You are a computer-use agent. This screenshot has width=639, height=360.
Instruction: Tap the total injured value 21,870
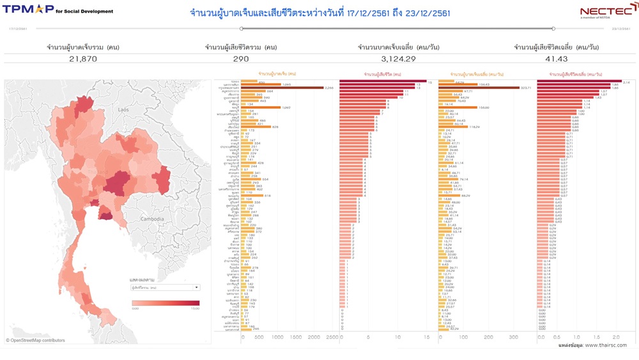click(x=83, y=59)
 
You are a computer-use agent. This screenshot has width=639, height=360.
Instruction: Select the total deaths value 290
click(x=241, y=59)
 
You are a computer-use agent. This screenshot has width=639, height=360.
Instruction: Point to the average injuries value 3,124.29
click(x=398, y=59)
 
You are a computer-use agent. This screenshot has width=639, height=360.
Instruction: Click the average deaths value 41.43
click(x=556, y=59)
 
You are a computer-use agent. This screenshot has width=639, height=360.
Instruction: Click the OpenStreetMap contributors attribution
click(x=36, y=340)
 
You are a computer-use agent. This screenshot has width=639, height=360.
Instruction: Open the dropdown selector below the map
click(x=165, y=288)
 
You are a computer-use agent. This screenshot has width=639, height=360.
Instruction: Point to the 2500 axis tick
click(x=332, y=337)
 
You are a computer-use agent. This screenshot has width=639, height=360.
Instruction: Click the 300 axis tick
click(x=514, y=337)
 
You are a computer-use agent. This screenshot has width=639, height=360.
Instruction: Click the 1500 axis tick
click(x=295, y=337)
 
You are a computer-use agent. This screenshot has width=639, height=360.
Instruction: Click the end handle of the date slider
click(x=553, y=29)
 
